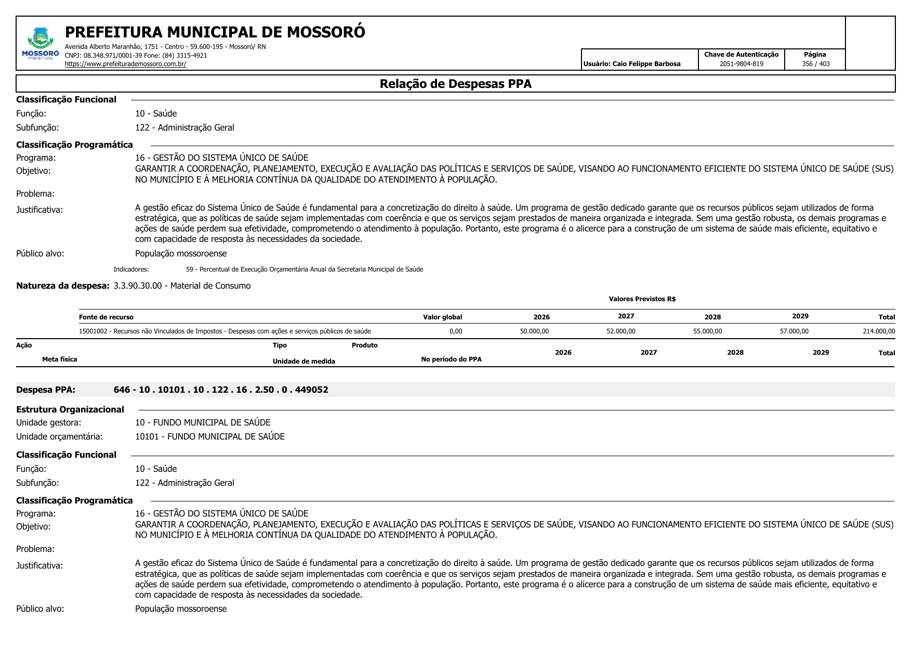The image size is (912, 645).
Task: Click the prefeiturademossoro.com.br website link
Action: point(125,64)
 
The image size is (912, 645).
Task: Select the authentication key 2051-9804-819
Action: point(741,64)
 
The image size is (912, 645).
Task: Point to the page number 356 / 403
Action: point(815,64)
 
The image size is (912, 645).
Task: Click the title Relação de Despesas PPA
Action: point(455,84)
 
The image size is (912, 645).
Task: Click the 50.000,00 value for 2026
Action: point(534,331)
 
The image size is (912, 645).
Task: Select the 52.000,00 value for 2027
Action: point(620,331)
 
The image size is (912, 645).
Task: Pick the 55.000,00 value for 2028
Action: point(707,331)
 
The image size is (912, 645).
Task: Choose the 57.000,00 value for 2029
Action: point(794,331)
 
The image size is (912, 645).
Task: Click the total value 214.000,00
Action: point(879,331)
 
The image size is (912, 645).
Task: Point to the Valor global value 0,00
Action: point(455,331)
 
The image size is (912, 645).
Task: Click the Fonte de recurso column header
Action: point(106,317)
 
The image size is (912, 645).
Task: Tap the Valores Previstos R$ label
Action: point(642,299)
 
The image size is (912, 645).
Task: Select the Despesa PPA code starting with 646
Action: point(221,390)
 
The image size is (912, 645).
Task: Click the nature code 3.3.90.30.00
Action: point(138,286)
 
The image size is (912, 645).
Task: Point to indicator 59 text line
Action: point(305,269)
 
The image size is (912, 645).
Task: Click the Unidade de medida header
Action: point(303,362)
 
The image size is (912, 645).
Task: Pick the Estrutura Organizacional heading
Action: point(70,409)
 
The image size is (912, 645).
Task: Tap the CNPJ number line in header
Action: point(136,56)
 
